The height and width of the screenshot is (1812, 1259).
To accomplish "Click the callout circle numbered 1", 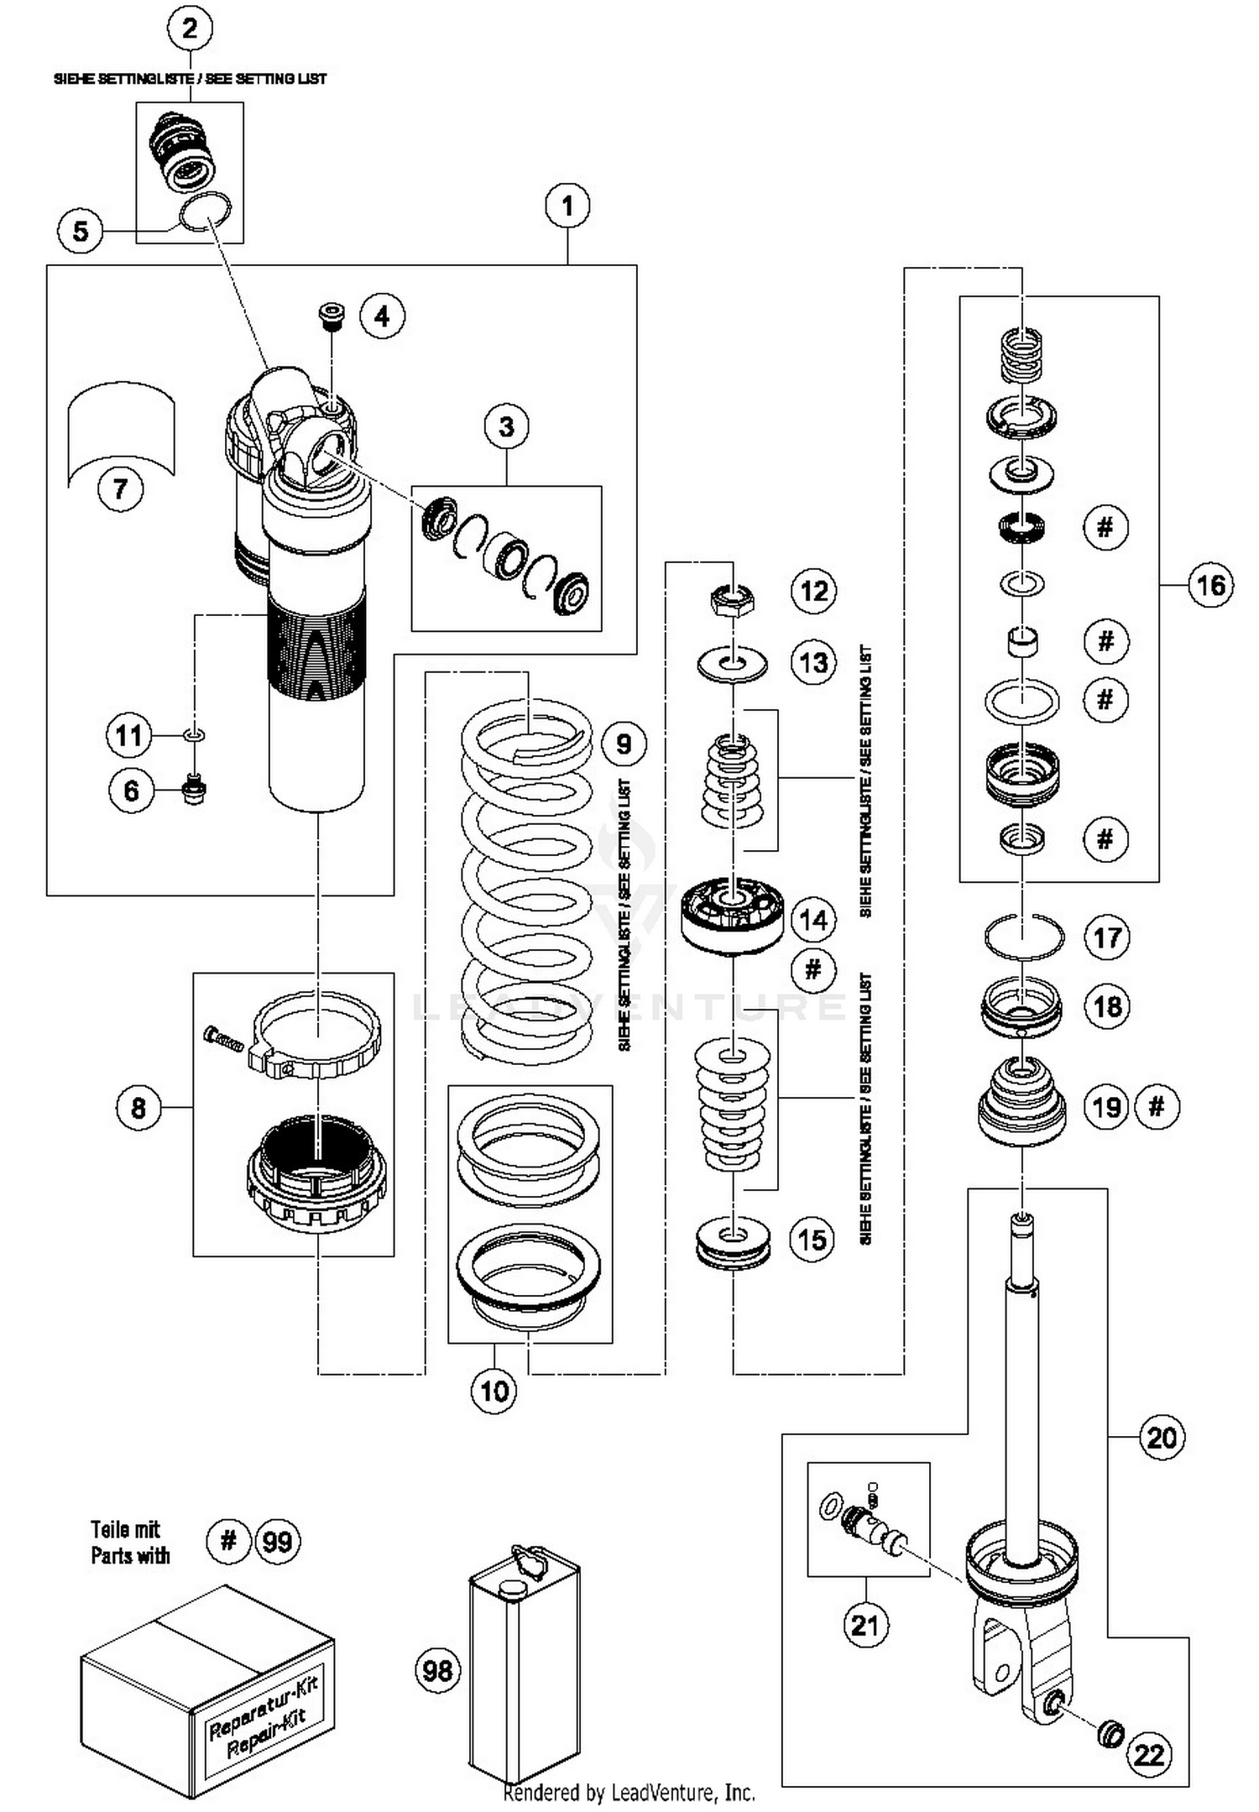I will [567, 205].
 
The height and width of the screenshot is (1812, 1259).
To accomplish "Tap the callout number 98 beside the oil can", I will [437, 1670].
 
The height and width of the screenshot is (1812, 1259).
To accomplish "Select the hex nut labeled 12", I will [732, 599].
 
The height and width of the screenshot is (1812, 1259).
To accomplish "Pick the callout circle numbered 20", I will [1162, 1437].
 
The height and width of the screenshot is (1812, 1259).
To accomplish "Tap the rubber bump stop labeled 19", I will [1021, 1104].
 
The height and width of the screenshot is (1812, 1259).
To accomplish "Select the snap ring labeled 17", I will [1024, 937].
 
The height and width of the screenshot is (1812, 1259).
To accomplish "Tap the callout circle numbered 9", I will [624, 744].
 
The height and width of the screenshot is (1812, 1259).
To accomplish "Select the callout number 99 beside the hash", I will [278, 1542].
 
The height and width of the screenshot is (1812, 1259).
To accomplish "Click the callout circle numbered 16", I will [1210, 585].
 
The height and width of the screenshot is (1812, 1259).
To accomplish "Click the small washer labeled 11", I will [194, 735].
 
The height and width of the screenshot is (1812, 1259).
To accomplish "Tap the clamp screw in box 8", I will [222, 1040].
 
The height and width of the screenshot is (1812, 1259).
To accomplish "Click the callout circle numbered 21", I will [865, 1625].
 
